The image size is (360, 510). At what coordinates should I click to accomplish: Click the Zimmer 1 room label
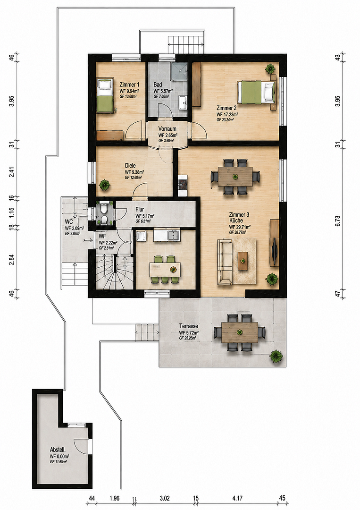click(129, 85)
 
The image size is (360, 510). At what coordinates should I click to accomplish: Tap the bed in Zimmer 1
click(105, 95)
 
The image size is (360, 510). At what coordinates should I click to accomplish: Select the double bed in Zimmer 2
click(256, 93)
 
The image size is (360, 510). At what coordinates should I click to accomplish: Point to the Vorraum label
click(167, 129)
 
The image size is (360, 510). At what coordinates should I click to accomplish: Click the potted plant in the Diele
click(104, 185)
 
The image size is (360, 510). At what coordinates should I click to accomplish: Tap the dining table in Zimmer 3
click(235, 177)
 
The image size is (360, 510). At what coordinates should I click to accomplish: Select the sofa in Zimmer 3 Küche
click(225, 262)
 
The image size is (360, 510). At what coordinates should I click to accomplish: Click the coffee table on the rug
click(243, 261)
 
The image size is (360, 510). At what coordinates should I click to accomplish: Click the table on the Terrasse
click(240, 332)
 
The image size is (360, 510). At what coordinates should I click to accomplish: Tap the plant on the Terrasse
click(276, 357)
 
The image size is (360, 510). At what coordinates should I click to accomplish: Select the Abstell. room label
click(58, 450)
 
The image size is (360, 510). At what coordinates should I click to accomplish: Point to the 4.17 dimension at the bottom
click(237, 498)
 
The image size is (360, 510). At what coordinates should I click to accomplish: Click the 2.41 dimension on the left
click(12, 172)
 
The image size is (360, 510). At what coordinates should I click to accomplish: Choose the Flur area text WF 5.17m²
click(144, 216)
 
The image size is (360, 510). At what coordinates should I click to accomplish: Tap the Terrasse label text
click(188, 326)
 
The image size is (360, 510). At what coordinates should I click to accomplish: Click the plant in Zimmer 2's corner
click(270, 68)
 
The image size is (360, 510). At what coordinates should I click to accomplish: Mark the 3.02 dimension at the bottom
click(165, 498)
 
